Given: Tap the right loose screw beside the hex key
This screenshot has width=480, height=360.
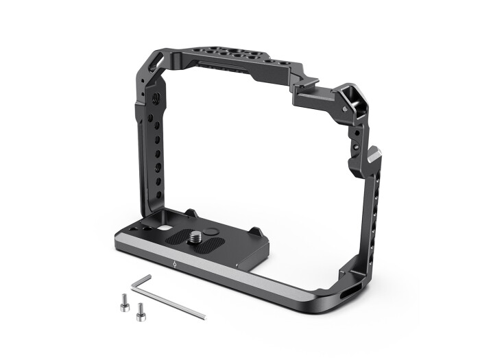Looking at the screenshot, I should [x=141, y=311].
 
